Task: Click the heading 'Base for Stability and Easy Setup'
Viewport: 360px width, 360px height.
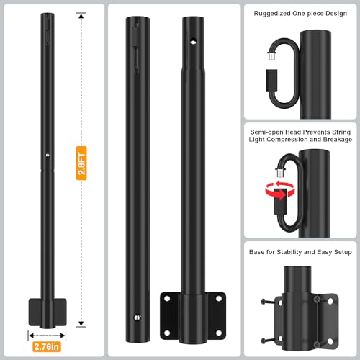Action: point(300,252)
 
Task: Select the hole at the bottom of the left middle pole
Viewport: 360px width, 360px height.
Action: point(136,314)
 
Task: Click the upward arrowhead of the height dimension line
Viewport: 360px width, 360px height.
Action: point(81,15)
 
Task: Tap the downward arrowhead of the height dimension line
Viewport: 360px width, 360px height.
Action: point(81,323)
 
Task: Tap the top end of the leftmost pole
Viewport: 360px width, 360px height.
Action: point(47,17)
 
